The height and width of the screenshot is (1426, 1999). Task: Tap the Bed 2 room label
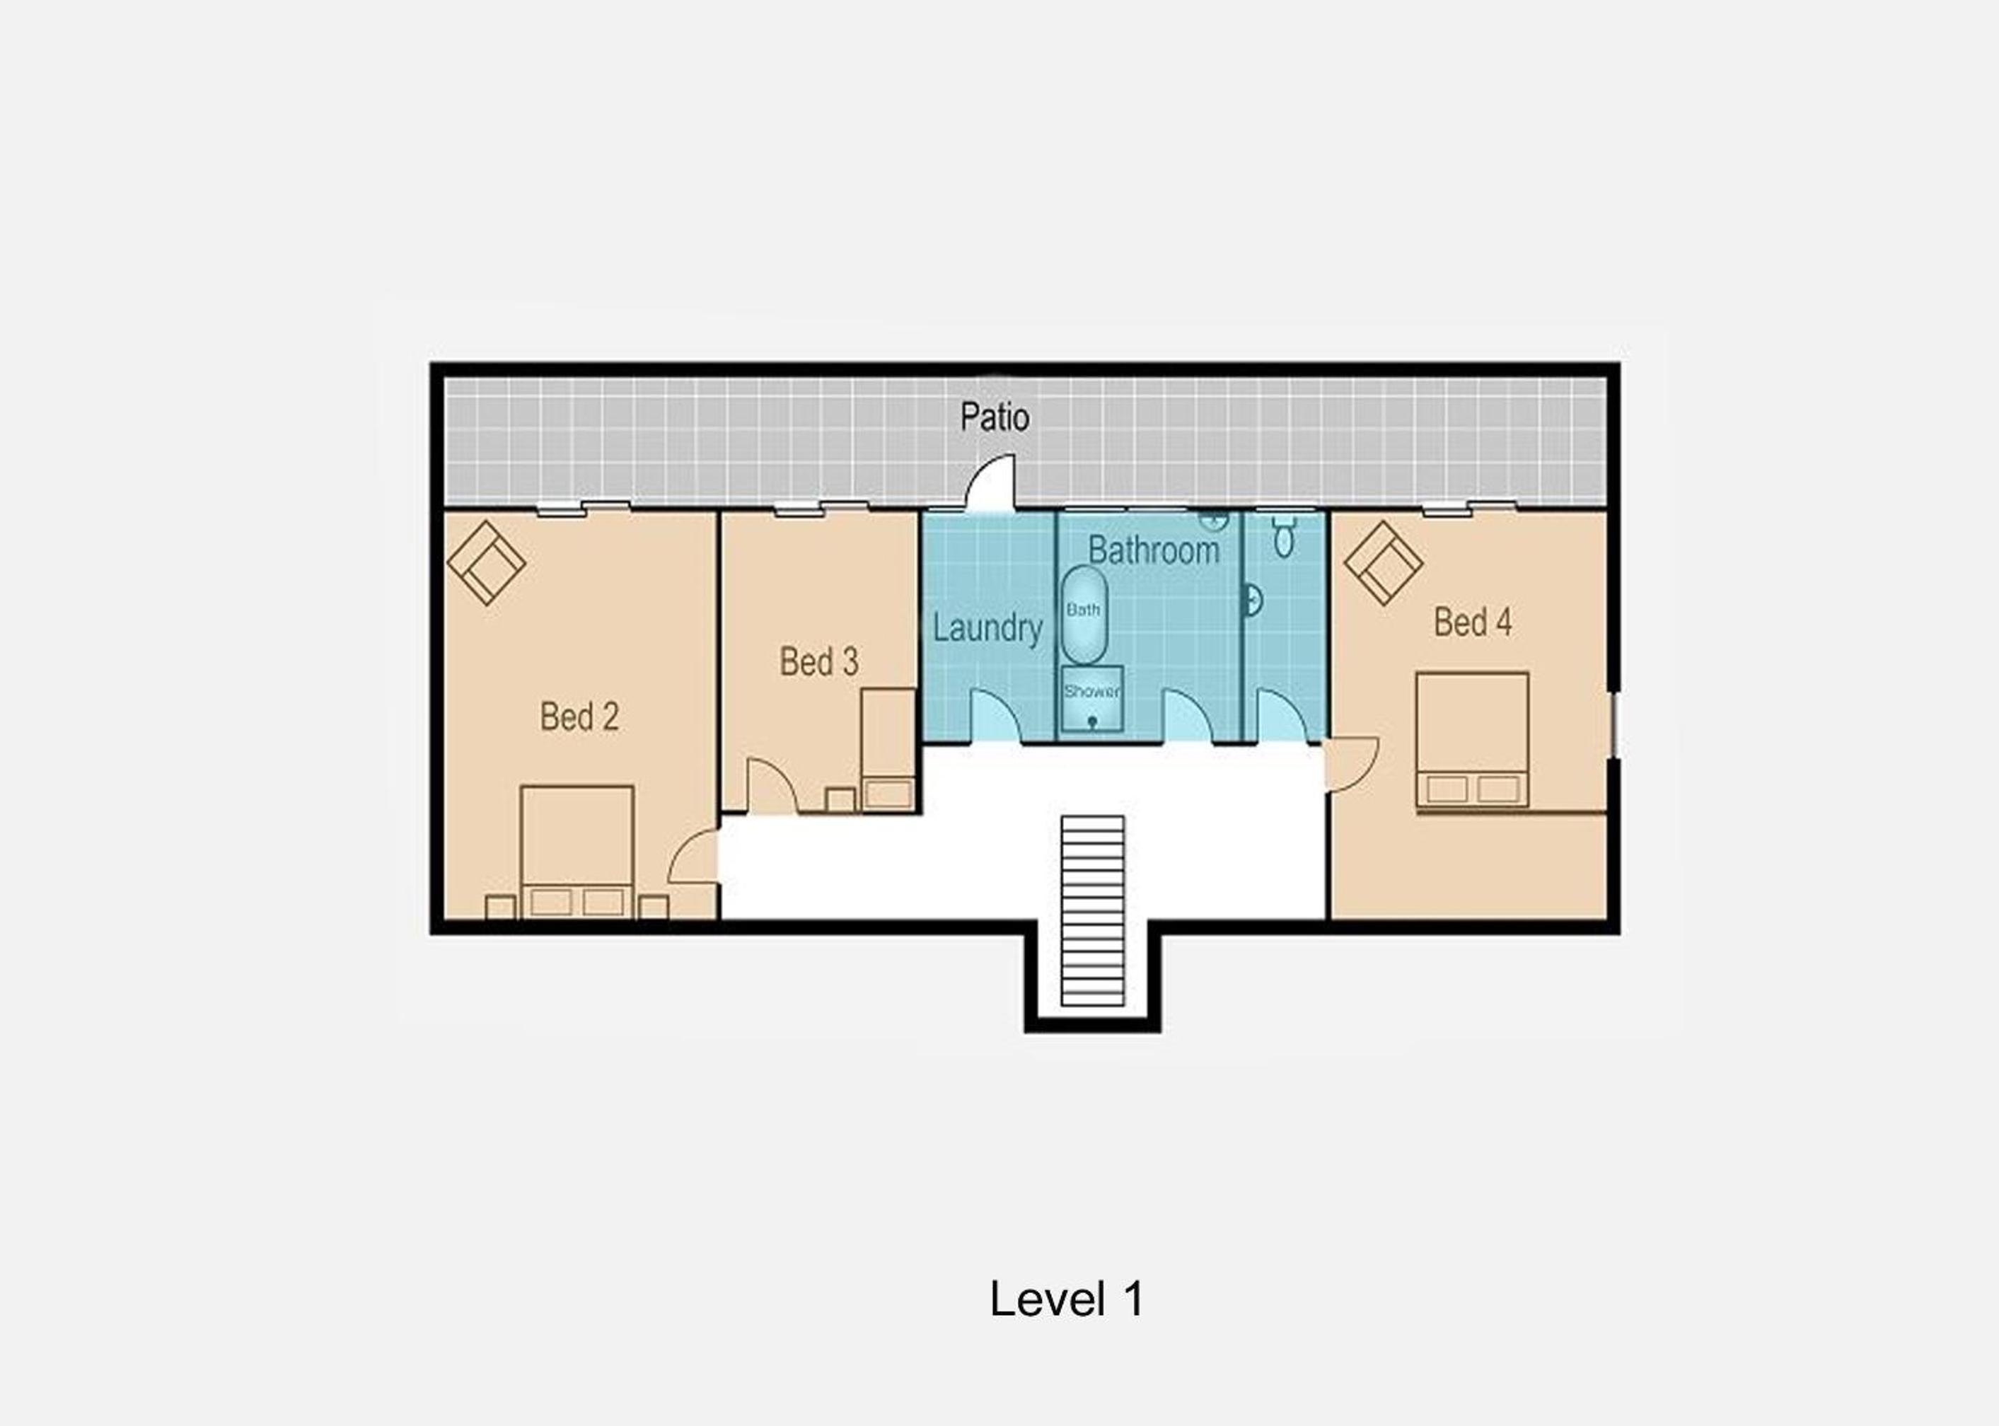(x=579, y=717)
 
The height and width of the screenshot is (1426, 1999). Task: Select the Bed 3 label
(x=819, y=661)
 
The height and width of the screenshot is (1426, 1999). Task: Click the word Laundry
(x=987, y=628)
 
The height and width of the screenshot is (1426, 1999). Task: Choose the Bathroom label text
(x=1154, y=550)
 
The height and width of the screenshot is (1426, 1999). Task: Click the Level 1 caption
(x=1067, y=1299)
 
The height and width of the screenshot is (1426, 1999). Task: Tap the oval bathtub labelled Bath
(x=1084, y=615)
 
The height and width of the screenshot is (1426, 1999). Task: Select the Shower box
(x=1092, y=699)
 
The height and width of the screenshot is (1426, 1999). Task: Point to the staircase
(x=1093, y=910)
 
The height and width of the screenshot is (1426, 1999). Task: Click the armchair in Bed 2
(x=487, y=563)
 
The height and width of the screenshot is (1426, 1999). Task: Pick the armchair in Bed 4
(x=1384, y=563)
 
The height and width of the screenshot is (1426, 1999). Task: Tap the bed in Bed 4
(x=1472, y=740)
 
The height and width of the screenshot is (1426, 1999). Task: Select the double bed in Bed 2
(x=576, y=852)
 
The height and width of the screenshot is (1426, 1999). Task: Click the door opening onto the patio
(x=990, y=482)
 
